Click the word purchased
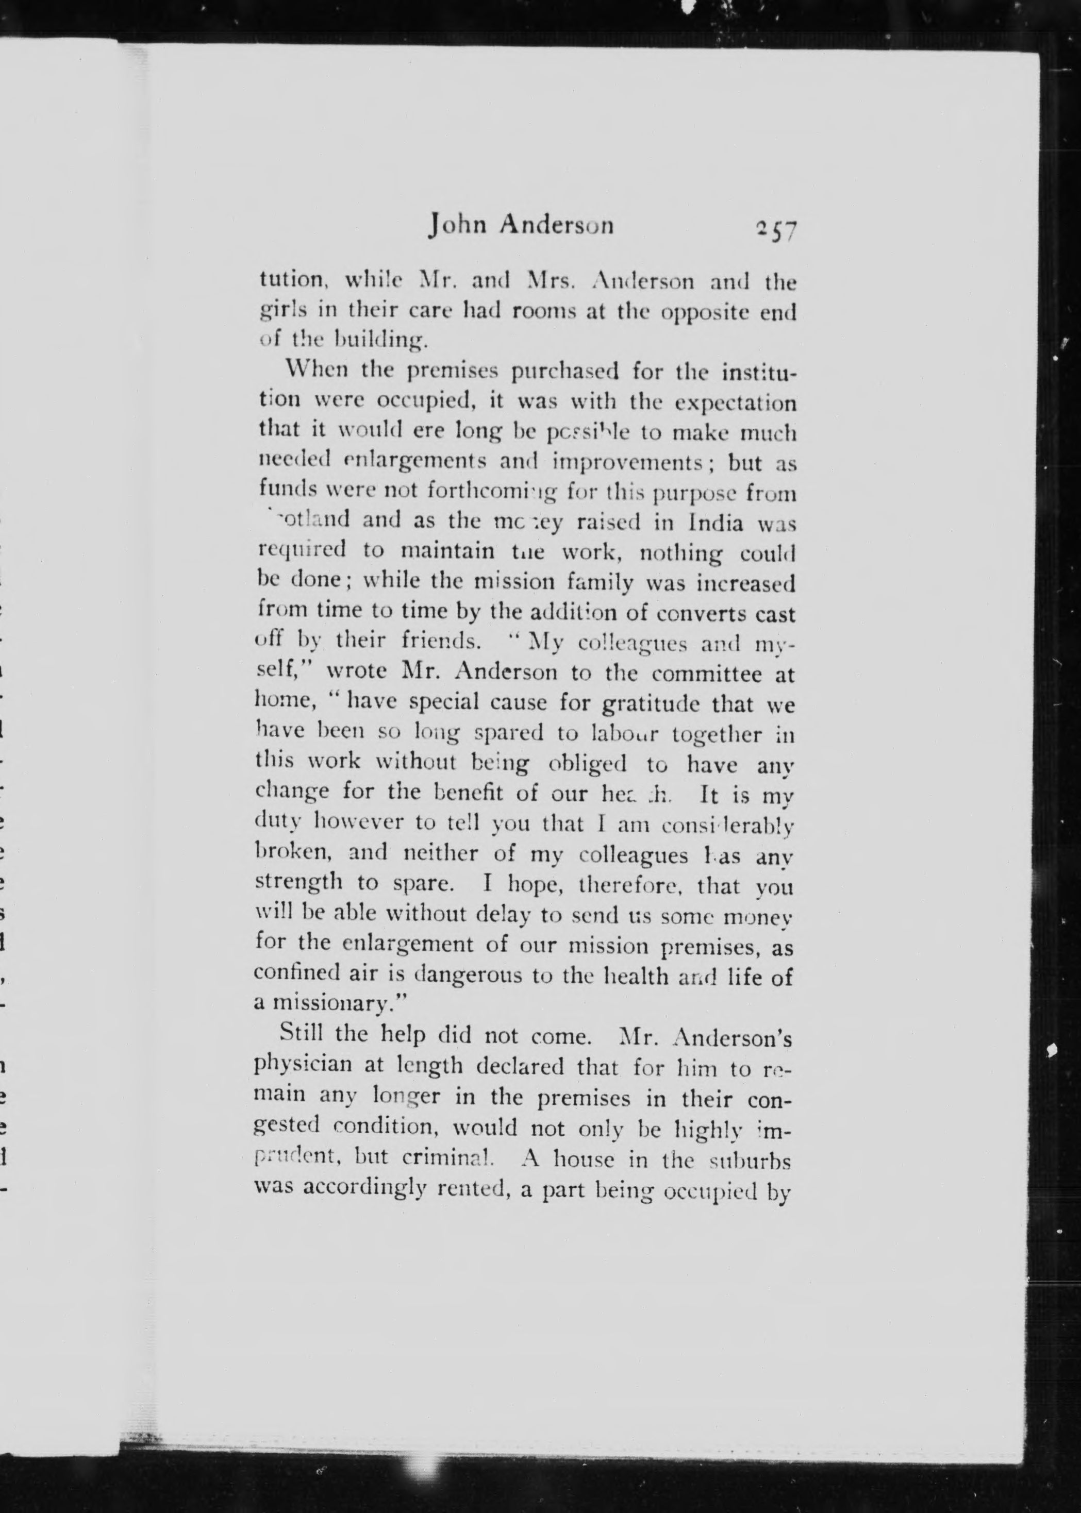pyautogui.click(x=564, y=371)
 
